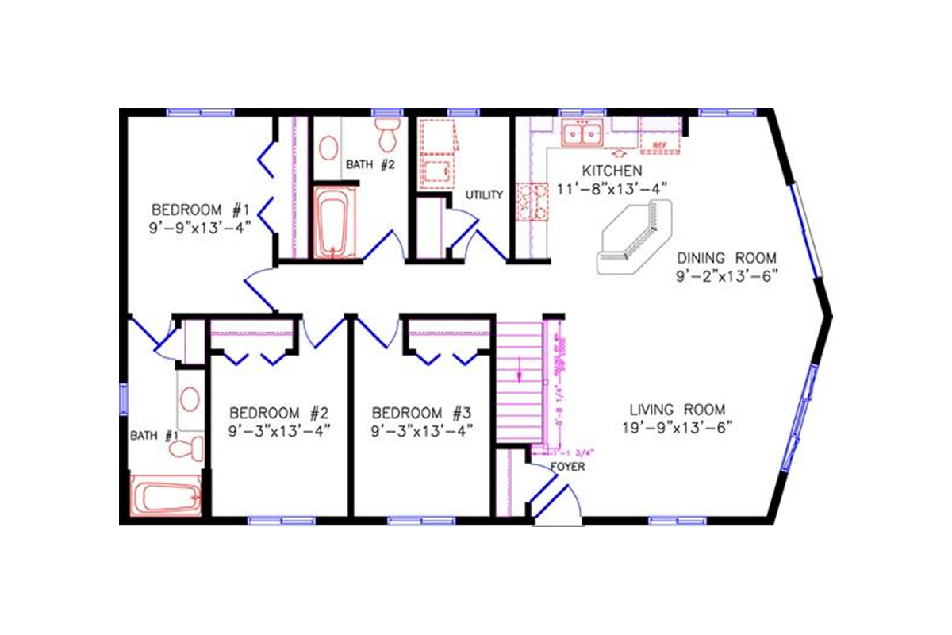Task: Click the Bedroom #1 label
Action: point(201,210)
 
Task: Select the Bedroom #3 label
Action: point(422,414)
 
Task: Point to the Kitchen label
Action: point(612,171)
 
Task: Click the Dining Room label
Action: point(726,258)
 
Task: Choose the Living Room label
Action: point(677,410)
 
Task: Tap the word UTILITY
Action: point(484,194)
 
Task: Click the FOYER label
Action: point(566,467)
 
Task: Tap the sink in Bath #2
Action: point(328,146)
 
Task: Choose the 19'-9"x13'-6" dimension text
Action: point(677,428)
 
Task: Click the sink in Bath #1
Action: point(190,398)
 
